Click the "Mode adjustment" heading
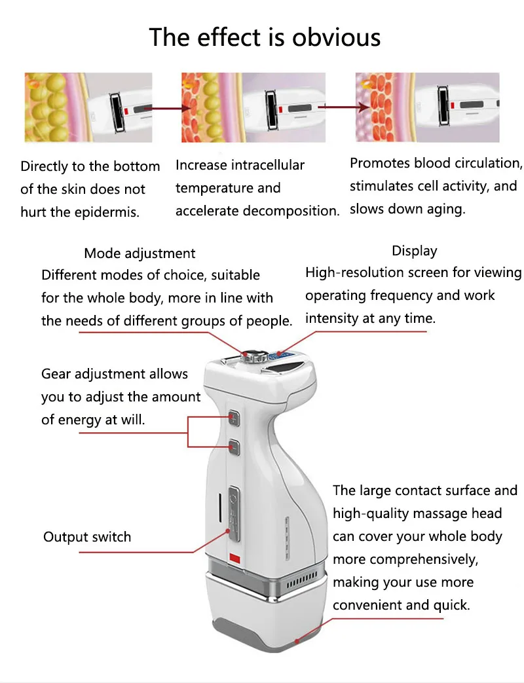[x=140, y=253]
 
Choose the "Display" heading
[x=414, y=251]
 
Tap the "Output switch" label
[x=87, y=537]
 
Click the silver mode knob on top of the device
[x=250, y=356]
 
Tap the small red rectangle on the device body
[x=234, y=557]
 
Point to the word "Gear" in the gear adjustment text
[x=56, y=374]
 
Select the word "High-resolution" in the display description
[x=354, y=272]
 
